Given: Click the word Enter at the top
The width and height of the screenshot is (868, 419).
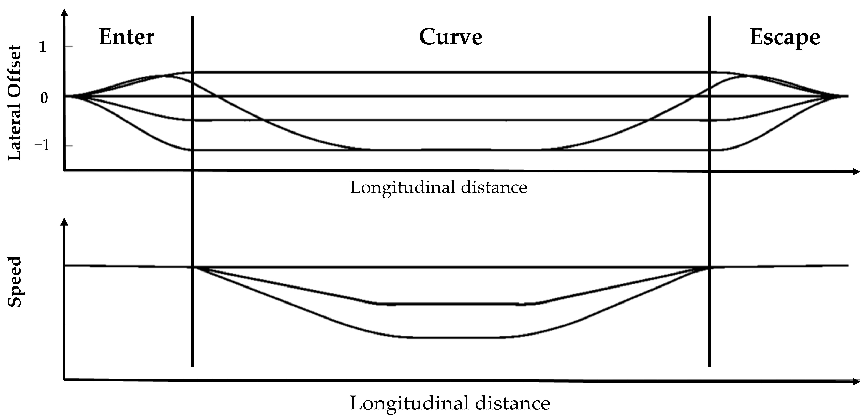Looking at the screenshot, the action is [x=126, y=37].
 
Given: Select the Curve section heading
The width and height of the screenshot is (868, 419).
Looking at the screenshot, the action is [x=450, y=37].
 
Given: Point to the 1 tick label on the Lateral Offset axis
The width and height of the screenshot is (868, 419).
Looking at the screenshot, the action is [x=43, y=47].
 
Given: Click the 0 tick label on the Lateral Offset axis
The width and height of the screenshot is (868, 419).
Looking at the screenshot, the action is [x=44, y=98].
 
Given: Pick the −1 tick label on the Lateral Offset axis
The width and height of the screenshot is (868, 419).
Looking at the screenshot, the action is [x=42, y=146].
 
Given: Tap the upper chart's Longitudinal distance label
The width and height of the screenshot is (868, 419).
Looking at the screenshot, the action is [x=438, y=188].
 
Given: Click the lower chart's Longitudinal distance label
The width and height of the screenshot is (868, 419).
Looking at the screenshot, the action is [x=450, y=403].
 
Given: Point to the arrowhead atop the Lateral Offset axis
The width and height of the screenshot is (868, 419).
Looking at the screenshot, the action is [x=64, y=13].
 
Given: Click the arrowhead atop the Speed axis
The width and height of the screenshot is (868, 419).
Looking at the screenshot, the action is [x=64, y=222].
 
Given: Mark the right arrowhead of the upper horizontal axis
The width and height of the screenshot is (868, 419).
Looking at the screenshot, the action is [x=856, y=172].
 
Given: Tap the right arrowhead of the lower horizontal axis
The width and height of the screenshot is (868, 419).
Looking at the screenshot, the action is [x=856, y=382].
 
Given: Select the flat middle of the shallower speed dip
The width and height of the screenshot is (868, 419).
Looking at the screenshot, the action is [x=450, y=304].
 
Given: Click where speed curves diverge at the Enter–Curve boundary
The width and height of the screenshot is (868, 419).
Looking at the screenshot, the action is [x=193, y=267].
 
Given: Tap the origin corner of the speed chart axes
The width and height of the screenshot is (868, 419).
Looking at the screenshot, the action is [x=64, y=380].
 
